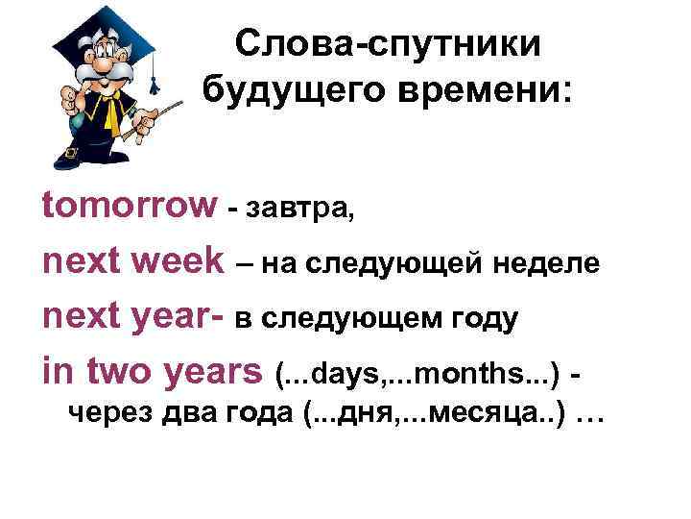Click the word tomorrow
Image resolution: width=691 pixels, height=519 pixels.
click(130, 204)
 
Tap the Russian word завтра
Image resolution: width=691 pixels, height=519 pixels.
click(301, 209)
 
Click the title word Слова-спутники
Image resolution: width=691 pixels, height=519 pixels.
click(388, 45)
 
